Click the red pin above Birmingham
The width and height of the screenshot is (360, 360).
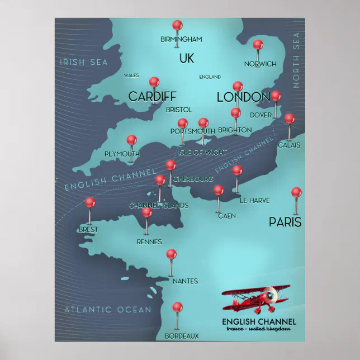(x=177, y=25)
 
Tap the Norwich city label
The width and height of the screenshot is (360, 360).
(x=260, y=64)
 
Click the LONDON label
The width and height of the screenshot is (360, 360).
(x=243, y=97)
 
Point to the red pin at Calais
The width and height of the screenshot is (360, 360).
(x=289, y=119)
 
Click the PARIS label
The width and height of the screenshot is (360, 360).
(x=285, y=222)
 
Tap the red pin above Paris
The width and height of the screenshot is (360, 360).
(x=296, y=192)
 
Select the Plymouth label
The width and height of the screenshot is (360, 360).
(x=122, y=154)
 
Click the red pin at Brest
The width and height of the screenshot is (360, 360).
(x=89, y=202)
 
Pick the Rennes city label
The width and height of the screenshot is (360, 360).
(x=149, y=242)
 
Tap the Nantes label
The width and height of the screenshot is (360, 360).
(x=185, y=281)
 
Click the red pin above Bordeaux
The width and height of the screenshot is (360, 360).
(x=177, y=307)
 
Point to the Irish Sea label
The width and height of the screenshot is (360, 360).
(x=84, y=62)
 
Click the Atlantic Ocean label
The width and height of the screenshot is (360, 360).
(x=107, y=310)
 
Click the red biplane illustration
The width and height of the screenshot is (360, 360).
(x=256, y=299)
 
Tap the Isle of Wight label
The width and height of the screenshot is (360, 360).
(x=202, y=153)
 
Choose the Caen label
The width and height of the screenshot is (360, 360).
(x=226, y=216)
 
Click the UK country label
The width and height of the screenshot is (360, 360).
(x=186, y=58)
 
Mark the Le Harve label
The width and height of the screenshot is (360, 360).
(x=254, y=200)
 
